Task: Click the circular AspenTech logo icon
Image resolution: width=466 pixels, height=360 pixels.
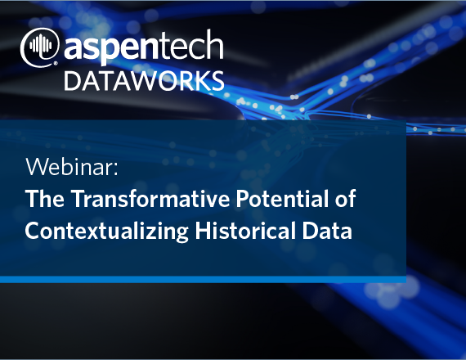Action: tap(39, 47)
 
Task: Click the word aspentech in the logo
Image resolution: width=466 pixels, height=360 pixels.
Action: tap(143, 46)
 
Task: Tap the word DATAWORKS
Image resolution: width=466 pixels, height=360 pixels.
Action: tap(144, 81)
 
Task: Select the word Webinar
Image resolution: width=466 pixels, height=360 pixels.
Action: tap(69, 167)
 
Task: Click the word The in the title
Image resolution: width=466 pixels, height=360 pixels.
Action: tap(45, 198)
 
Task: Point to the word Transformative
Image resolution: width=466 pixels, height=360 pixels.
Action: tap(150, 198)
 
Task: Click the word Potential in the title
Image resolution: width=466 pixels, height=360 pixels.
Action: tap(282, 198)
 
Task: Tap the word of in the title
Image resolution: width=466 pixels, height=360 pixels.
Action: tap(345, 198)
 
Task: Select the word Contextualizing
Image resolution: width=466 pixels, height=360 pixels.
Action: tap(107, 232)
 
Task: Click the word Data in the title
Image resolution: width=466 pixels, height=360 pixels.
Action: tap(327, 230)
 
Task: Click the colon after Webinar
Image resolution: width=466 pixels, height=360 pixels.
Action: tap(116, 169)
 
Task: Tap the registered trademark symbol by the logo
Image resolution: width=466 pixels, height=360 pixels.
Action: tap(56, 63)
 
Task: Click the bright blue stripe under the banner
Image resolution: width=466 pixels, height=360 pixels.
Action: tap(203, 279)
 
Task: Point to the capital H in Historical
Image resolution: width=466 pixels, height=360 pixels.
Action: tap(203, 230)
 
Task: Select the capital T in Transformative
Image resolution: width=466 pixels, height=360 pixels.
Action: tap(78, 198)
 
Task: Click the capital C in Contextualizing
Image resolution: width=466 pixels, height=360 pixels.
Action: tap(33, 230)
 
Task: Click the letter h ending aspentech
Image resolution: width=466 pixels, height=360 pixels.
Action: tap(216, 43)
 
